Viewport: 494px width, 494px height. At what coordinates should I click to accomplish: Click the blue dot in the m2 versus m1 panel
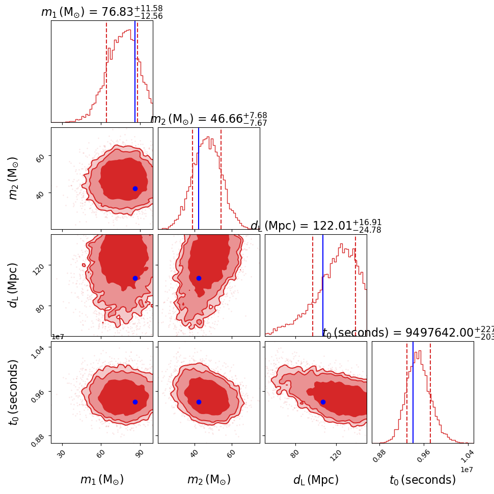135,188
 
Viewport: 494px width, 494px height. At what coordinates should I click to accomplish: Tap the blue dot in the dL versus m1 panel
135,278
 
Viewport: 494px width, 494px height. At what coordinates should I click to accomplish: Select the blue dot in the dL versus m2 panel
199,278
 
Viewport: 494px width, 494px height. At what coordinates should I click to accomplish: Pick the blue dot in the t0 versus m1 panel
135,402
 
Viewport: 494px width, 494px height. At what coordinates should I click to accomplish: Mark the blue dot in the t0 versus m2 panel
199,402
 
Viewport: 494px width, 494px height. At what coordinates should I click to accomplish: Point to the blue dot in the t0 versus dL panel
323,402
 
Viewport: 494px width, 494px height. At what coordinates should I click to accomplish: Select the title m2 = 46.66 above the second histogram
209,119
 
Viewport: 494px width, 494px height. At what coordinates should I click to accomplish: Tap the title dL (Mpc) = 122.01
316,226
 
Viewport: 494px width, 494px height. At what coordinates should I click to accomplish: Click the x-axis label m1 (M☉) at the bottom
102,480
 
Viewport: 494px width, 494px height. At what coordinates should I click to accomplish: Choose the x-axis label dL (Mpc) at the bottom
316,480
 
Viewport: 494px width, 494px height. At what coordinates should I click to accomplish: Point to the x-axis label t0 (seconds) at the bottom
423,480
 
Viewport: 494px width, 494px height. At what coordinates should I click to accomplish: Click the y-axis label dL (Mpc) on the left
14,285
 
